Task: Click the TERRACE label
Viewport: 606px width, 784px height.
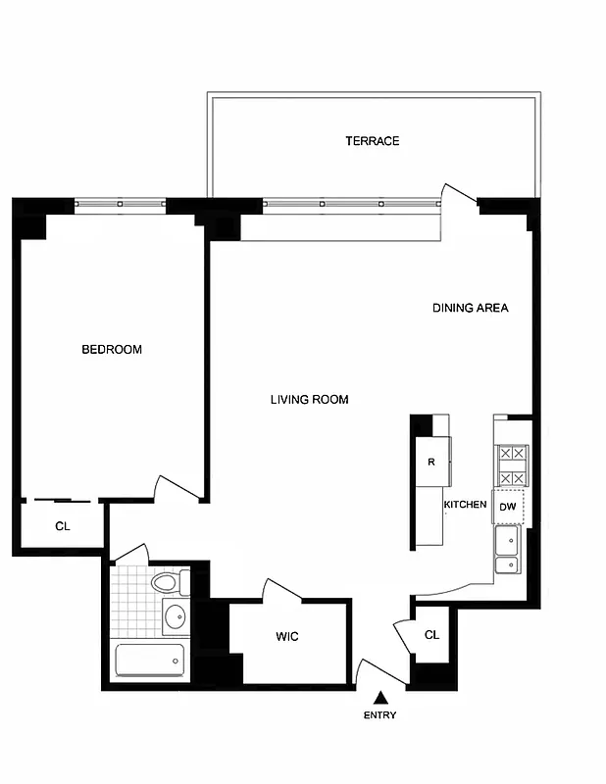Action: tap(372, 141)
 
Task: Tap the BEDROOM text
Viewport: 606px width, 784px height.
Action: tap(111, 350)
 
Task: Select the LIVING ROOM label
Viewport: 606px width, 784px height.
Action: tap(309, 400)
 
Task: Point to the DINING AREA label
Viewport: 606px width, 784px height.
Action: tap(470, 308)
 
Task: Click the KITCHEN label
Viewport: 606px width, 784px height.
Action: tap(465, 505)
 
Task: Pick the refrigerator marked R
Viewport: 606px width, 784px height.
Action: tap(431, 462)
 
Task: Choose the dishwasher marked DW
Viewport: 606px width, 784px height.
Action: tap(507, 507)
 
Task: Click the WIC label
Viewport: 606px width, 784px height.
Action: tap(286, 638)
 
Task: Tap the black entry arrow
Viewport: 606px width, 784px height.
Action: tap(380, 697)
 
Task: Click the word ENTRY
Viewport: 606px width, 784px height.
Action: tap(379, 715)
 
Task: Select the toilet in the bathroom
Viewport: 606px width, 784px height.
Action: tap(166, 584)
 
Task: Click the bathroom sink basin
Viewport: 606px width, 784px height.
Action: tap(175, 618)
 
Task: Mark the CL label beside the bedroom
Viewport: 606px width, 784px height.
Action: tap(63, 526)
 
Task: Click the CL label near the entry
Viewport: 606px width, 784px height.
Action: tap(431, 635)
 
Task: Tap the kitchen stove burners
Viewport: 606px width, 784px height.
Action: tap(512, 466)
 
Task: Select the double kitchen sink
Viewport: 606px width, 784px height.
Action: tap(508, 552)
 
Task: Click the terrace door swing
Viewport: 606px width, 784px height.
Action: tap(456, 196)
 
